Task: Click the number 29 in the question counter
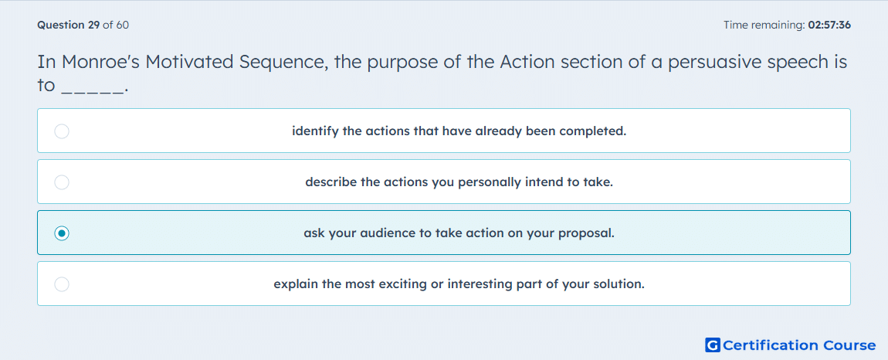pyautogui.click(x=94, y=25)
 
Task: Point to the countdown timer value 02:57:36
pyautogui.click(x=829, y=25)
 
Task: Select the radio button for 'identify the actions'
pyautogui.click(x=62, y=131)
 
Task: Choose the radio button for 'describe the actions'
pyautogui.click(x=62, y=182)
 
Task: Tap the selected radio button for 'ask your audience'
pyautogui.click(x=62, y=233)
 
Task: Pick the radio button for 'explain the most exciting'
pyautogui.click(x=62, y=284)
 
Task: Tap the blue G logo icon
pyautogui.click(x=713, y=345)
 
